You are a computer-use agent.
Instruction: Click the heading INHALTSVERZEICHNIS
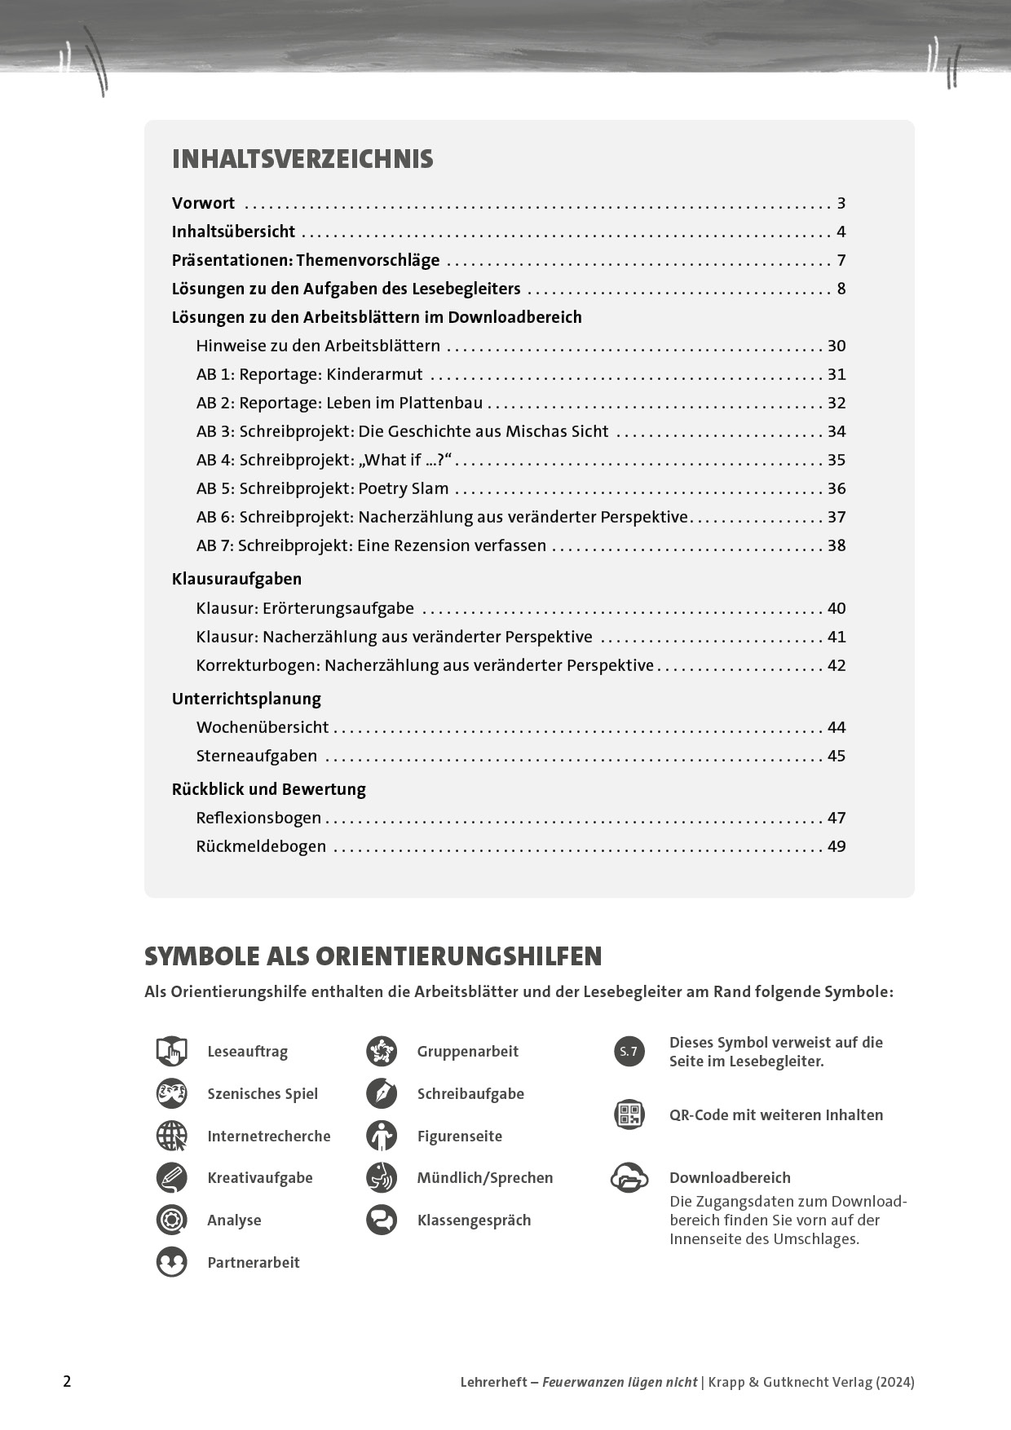(x=302, y=159)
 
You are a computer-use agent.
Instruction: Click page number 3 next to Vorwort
(x=841, y=203)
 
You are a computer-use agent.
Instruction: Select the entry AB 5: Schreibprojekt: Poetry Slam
(x=322, y=488)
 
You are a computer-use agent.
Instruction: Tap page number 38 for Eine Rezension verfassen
(x=837, y=545)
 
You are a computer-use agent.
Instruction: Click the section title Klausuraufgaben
(x=236, y=579)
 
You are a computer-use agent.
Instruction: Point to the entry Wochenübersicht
(x=262, y=727)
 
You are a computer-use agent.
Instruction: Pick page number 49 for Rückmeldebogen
(x=837, y=846)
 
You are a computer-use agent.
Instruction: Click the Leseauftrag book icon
(x=172, y=1052)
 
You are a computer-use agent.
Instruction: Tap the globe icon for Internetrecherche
(x=172, y=1136)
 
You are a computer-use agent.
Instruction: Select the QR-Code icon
(x=629, y=1114)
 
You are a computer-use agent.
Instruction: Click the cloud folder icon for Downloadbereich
(x=629, y=1178)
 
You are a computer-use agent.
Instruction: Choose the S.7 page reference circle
(x=629, y=1052)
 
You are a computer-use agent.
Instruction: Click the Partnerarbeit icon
(x=172, y=1262)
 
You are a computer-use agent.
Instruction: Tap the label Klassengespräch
(x=474, y=1220)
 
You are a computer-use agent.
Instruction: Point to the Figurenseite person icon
(x=382, y=1136)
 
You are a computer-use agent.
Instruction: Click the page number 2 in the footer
(x=68, y=1381)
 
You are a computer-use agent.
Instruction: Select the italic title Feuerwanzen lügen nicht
(x=620, y=1382)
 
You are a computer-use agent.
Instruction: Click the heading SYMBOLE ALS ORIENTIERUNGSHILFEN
(x=373, y=956)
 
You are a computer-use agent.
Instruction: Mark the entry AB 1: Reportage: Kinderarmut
(x=309, y=374)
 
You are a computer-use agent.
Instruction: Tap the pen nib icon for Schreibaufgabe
(x=382, y=1093)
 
